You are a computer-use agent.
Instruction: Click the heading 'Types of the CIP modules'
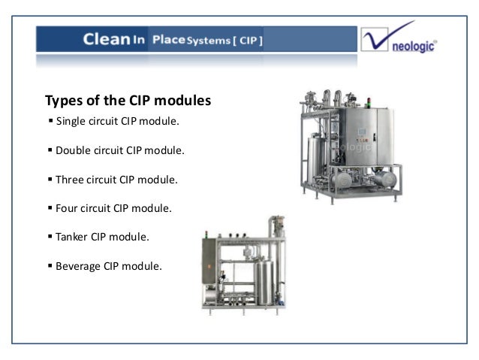click(x=128, y=100)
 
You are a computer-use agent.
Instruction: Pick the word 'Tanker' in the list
click(x=72, y=237)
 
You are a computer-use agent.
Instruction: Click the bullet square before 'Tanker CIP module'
click(x=50, y=237)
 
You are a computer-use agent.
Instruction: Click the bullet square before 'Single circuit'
click(x=50, y=121)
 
